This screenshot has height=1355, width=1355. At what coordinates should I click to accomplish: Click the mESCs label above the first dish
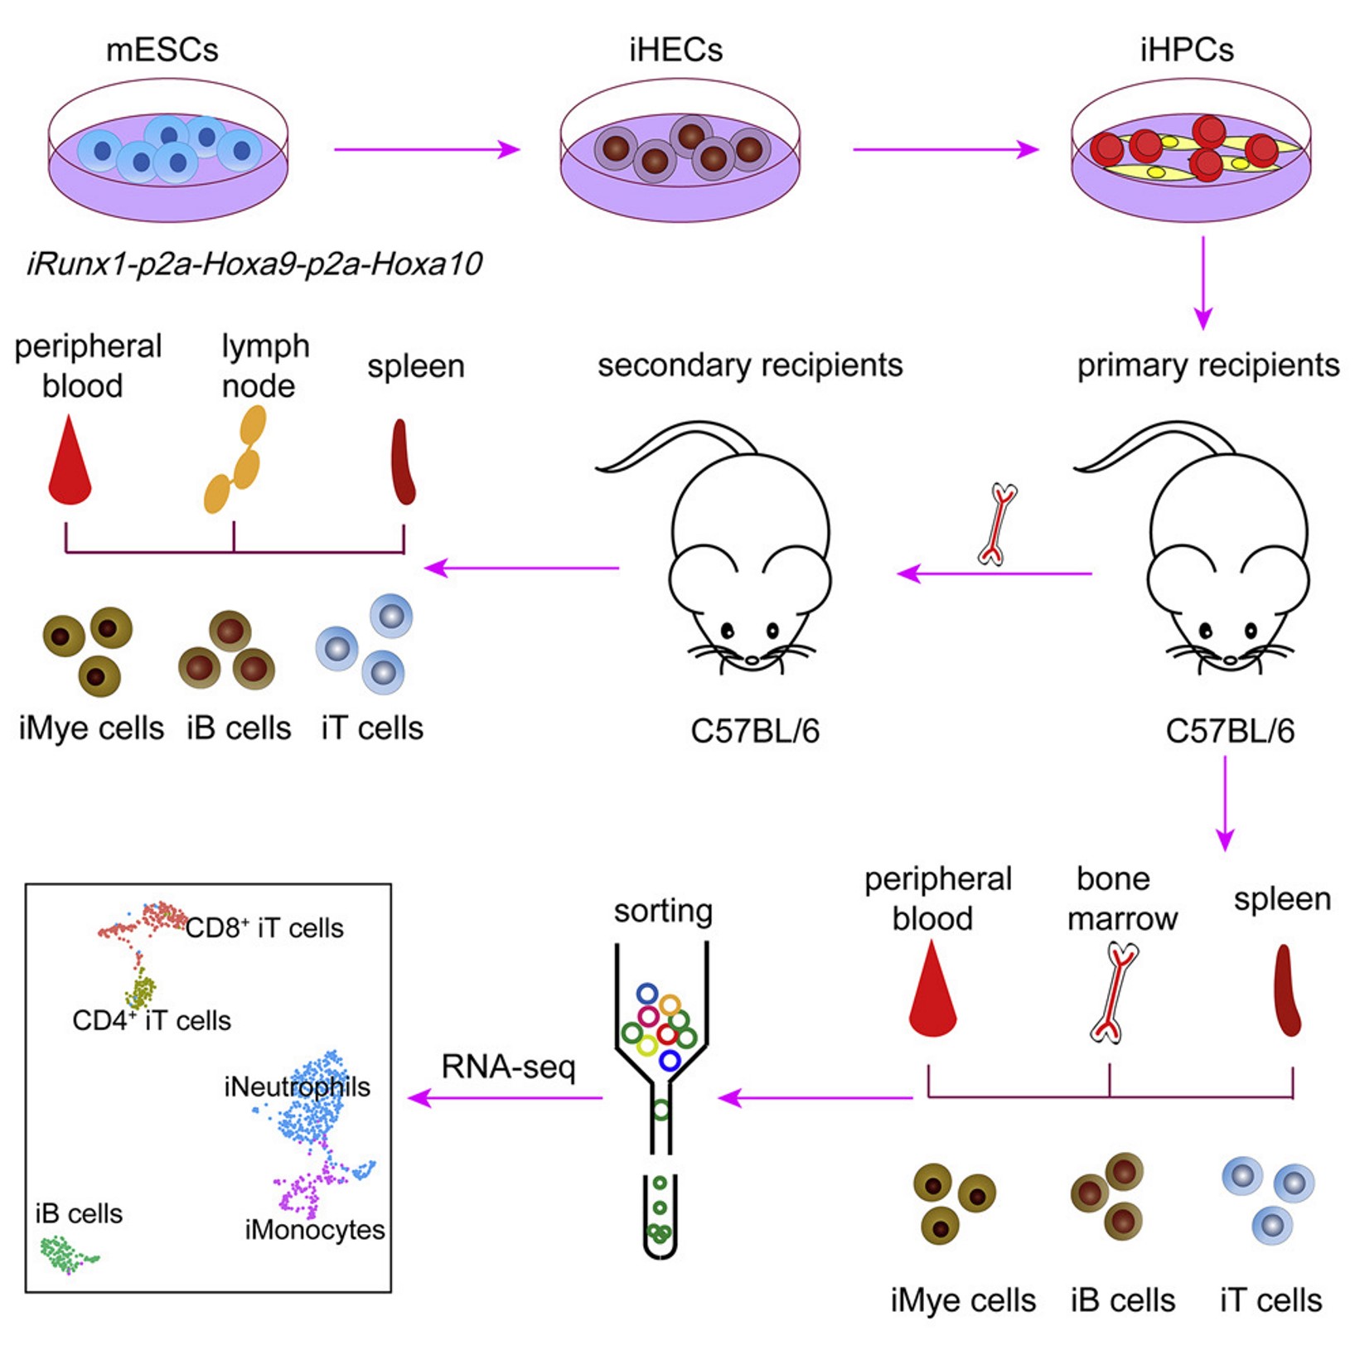[x=162, y=50]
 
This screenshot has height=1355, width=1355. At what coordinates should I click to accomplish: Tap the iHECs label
[x=675, y=50]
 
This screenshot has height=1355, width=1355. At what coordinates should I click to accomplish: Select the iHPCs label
[x=1187, y=50]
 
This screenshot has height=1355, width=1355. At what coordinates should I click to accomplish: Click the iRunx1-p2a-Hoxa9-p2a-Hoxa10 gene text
[x=254, y=264]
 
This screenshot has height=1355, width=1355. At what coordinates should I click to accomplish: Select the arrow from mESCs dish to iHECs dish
[x=427, y=149]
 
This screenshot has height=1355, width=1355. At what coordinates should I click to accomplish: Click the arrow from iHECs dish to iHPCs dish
[x=946, y=149]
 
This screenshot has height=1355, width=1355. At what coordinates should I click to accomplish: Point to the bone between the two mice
[x=997, y=525]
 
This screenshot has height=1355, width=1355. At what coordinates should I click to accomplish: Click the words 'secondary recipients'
[x=750, y=365]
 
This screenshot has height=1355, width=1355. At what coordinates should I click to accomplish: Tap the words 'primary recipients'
[x=1208, y=365]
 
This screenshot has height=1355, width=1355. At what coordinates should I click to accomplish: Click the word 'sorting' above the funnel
[x=663, y=910]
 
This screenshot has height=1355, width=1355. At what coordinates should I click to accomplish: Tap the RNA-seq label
[x=508, y=1067]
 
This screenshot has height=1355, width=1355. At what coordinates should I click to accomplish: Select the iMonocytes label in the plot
[x=315, y=1230]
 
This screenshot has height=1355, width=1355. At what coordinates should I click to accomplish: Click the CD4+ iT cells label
[x=152, y=1020]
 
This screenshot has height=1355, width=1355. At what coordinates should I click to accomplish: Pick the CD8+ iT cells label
[x=264, y=928]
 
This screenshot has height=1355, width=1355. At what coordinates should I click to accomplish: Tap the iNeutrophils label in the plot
[x=297, y=1086]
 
